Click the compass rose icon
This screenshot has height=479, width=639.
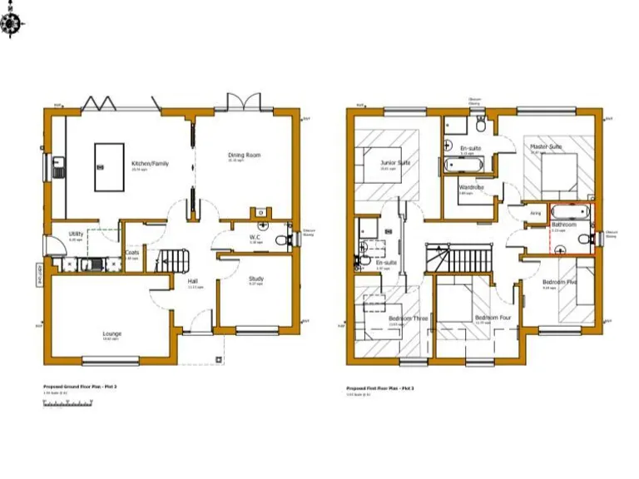12,26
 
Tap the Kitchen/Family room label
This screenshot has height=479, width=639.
150,164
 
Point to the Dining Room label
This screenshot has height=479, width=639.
245,156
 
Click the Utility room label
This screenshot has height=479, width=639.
76,235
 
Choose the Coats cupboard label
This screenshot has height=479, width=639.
131,253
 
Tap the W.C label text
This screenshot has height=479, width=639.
256,237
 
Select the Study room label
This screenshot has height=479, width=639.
255,279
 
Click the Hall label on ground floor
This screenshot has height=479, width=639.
194,282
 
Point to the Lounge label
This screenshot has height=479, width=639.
112,334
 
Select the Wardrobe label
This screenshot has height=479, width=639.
471,188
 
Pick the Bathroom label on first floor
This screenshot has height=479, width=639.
563,225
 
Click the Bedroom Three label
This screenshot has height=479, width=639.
408,318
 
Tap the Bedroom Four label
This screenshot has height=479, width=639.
491,318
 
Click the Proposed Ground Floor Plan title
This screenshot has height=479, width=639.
80,387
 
